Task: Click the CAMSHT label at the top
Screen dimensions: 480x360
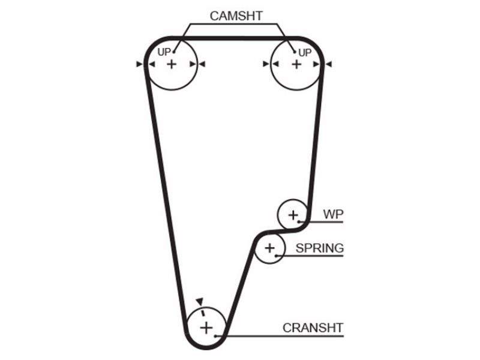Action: (236, 16)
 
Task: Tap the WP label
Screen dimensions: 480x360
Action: (333, 214)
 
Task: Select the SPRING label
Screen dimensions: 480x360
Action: (320, 248)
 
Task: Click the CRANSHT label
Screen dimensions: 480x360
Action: (313, 328)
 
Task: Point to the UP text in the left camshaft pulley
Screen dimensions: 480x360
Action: (163, 52)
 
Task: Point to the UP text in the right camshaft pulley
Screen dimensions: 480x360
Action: (305, 53)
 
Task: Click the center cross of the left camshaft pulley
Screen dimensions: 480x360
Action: (172, 64)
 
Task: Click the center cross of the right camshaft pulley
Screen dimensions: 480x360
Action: (296, 64)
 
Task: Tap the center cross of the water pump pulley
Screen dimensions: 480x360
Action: (293, 215)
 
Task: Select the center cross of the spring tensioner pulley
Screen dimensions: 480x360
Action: (269, 248)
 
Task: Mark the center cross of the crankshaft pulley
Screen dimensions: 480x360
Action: (206, 328)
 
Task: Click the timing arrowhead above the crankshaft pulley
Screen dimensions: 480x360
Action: (200, 301)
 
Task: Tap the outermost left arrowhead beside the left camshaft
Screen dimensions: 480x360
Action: (140, 64)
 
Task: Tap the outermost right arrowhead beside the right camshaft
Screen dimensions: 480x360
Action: (328, 64)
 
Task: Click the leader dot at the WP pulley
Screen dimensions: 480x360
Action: (299, 221)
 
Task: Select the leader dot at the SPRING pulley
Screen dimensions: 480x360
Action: (276, 256)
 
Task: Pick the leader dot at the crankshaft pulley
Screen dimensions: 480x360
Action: (215, 336)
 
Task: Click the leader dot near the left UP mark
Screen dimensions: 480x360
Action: (174, 52)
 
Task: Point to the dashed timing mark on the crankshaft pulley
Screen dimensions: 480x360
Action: (202, 313)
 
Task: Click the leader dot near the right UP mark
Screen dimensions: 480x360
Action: (295, 52)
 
